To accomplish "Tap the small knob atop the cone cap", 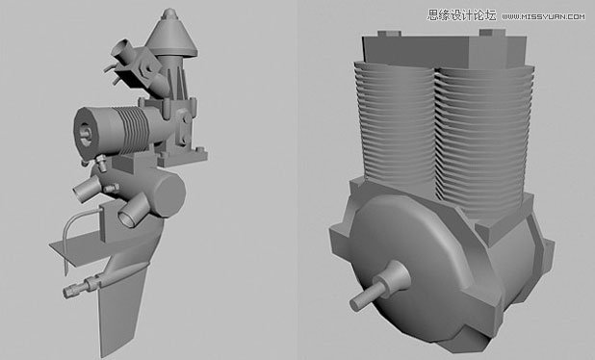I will pos(169,14).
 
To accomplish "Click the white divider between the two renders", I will pos(297,180).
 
